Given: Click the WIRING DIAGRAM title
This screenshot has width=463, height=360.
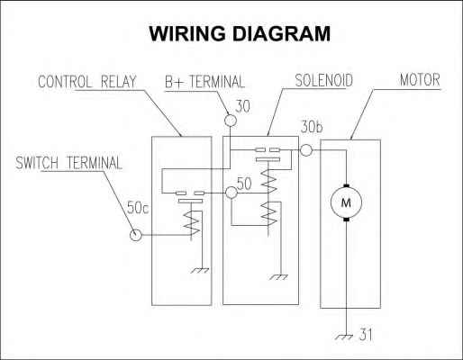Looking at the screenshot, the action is click(240, 33).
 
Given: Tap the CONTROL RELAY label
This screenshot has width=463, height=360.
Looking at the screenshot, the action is click(87, 82).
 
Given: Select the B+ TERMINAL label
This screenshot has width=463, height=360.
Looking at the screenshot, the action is click(204, 82).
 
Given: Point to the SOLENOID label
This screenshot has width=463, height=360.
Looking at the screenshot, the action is click(323, 80).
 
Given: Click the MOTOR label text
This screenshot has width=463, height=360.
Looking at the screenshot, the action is click(420, 80).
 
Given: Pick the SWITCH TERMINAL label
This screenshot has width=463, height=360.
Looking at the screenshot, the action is click(68, 163).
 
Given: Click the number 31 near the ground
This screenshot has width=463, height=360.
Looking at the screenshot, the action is click(366, 335).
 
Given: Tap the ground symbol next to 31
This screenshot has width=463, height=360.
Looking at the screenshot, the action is click(344, 337).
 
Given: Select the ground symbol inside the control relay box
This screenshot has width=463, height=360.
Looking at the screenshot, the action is click(200, 270).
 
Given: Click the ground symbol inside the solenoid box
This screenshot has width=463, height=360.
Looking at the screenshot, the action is click(278, 277).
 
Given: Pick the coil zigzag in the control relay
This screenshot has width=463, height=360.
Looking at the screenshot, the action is click(192, 222).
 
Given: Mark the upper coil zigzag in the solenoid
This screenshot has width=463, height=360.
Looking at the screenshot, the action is click(268, 181).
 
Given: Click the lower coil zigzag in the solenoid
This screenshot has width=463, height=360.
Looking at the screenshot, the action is click(268, 213).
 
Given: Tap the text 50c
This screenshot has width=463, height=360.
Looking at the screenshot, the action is click(138, 208).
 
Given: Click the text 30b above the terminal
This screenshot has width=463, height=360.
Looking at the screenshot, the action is click(312, 127).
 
